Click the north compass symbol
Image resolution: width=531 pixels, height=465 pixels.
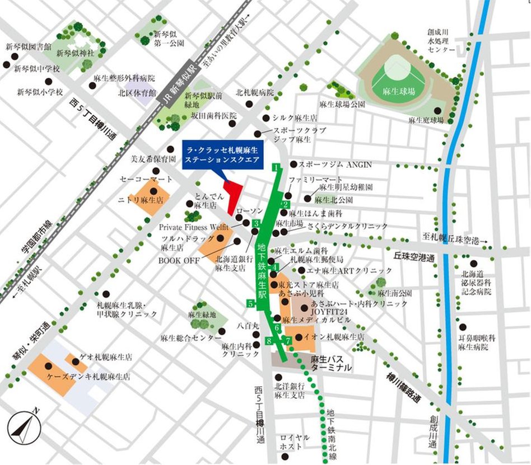tap(21, 429)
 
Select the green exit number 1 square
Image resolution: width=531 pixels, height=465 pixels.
tap(275, 167)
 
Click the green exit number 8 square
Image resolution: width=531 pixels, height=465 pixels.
tap(270, 341)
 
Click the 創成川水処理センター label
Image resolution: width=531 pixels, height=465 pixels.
tap(442, 41)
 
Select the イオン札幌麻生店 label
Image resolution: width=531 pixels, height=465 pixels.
tap(333, 337)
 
